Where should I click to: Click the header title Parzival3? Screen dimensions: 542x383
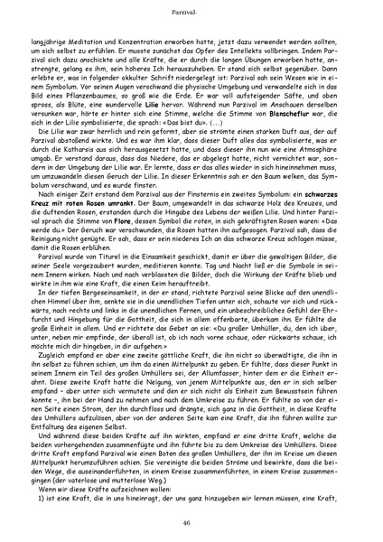coord(191,11)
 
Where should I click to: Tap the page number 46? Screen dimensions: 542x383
coord(191,523)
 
